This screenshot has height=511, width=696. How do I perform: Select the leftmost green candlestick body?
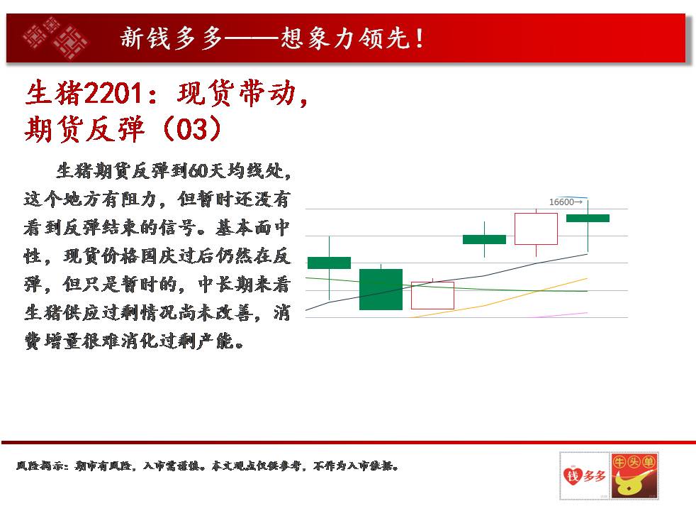pos(329,263)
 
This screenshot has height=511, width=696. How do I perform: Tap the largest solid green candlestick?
pos(381,290)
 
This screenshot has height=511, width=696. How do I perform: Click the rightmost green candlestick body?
pos(588,218)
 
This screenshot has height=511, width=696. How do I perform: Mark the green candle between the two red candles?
pos(484,239)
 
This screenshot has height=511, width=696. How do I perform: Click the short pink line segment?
pos(560,315)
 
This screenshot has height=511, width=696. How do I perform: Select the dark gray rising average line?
pos(447,282)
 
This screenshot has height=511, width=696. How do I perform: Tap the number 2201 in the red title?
pos(113,93)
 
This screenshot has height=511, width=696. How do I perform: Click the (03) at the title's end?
pos(192,129)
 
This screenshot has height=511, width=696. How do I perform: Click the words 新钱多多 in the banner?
pos(172,38)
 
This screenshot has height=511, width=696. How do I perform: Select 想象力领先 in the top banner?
pos(345,38)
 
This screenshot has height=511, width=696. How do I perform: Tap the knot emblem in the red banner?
pos(55,38)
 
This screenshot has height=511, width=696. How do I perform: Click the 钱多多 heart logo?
pos(584,476)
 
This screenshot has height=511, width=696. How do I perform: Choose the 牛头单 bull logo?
pos(634,476)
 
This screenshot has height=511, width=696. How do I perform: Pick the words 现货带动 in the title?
pos(237,93)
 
